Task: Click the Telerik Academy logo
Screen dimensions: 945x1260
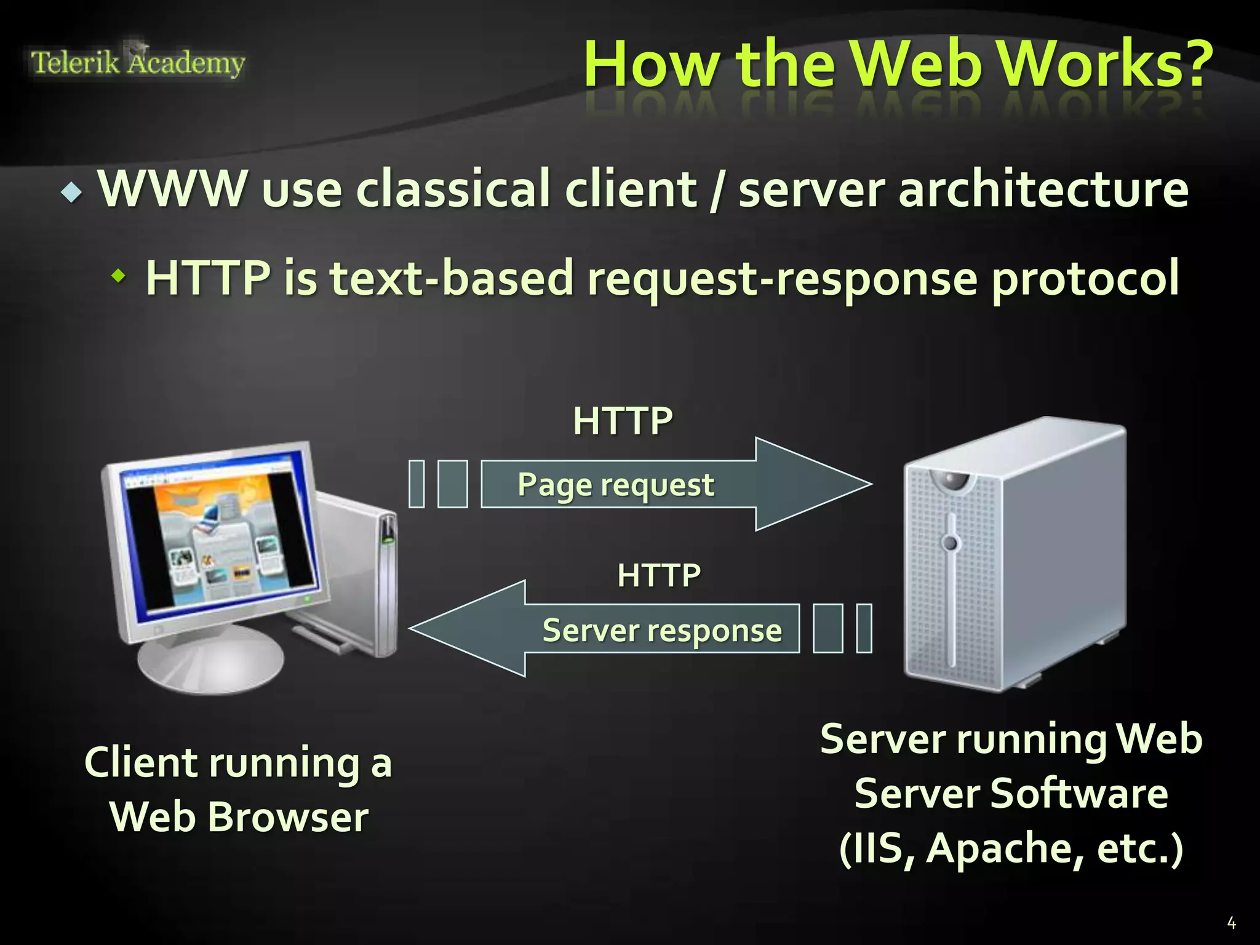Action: click(x=138, y=63)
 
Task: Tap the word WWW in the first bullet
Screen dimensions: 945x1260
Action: click(x=173, y=188)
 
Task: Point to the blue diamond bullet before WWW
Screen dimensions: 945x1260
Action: click(x=72, y=193)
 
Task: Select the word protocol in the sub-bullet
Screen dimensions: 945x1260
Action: click(x=1085, y=278)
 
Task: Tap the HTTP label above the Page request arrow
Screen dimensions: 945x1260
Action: click(x=623, y=421)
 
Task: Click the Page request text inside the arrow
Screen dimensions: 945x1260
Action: click(x=615, y=485)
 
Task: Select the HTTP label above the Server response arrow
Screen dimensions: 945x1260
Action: click(x=658, y=576)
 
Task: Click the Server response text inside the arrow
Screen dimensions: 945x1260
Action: click(x=662, y=631)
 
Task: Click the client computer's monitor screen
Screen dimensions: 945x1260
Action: click(x=218, y=535)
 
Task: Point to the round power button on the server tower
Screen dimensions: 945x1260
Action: click(x=951, y=543)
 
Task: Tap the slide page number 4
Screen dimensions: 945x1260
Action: click(x=1231, y=923)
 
